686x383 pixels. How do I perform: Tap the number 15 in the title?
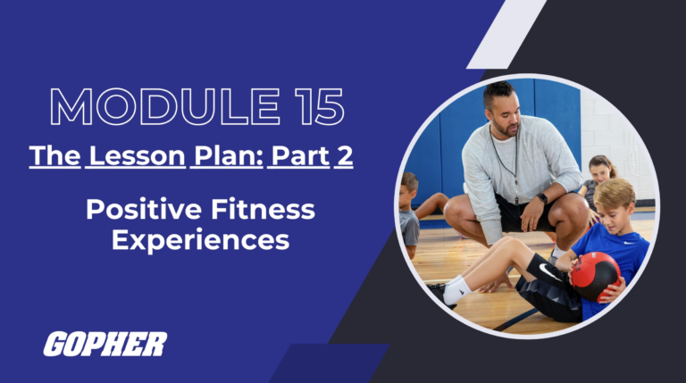coord(313,108)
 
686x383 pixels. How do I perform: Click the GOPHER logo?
coord(105,344)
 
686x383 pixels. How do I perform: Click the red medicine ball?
coord(595,275)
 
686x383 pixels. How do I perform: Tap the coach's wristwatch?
coord(542,198)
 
